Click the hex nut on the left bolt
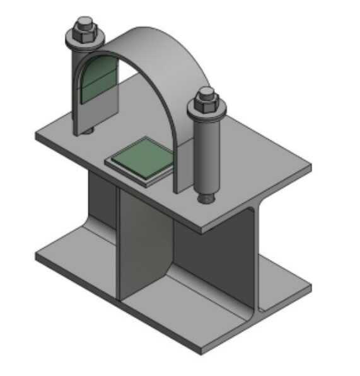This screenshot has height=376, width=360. (83, 33)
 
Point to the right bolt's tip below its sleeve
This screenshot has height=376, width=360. (207, 198)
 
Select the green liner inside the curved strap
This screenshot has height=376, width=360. (99, 82)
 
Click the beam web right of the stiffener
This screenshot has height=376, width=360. (208, 252)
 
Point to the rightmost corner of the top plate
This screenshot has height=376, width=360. (310, 167)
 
